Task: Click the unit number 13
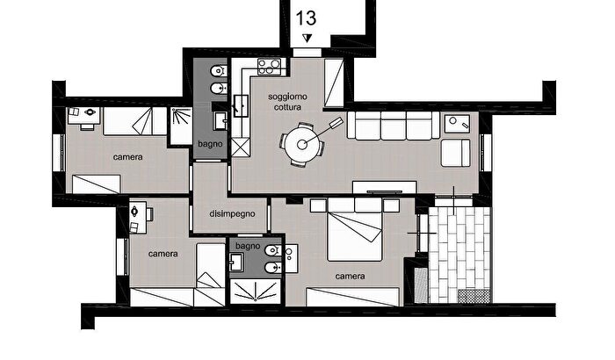pyautogui.click(x=306, y=18)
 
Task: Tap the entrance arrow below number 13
pyautogui.click(x=307, y=38)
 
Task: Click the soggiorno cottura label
pyautogui.click(x=287, y=102)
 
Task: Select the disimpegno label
pyautogui.click(x=232, y=213)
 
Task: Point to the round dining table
pyautogui.click(x=301, y=145)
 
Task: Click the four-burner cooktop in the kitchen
pyautogui.click(x=270, y=66)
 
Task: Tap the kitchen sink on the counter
pyautogui.click(x=241, y=106)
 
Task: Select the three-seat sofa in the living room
pyautogui.click(x=393, y=126)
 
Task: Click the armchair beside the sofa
pyautogui.click(x=455, y=153)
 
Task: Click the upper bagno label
pyautogui.click(x=210, y=144)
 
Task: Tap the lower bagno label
pyautogui.click(x=248, y=246)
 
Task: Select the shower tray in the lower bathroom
pyautogui.click(x=256, y=292)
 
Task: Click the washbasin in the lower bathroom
pyautogui.click(x=235, y=262)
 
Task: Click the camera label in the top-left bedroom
pyautogui.click(x=128, y=157)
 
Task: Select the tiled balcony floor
pyautogui.click(x=459, y=255)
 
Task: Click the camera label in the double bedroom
pyautogui.click(x=351, y=276)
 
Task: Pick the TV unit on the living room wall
pyautogui.click(x=385, y=187)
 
